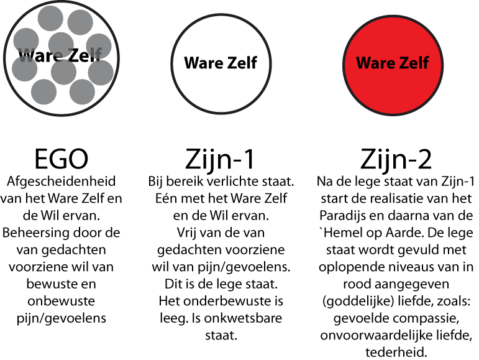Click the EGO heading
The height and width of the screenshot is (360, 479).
pos(61,159)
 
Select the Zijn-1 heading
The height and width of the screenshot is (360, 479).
pos(220,159)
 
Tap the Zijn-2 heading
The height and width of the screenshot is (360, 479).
pos(396,159)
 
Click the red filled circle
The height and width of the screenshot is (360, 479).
pos(393,65)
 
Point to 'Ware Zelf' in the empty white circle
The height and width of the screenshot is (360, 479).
pos(221,63)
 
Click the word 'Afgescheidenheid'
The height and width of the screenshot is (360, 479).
pos(61,182)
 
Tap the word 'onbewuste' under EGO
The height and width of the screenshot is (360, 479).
pos(61,301)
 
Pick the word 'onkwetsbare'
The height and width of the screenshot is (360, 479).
pos(243,318)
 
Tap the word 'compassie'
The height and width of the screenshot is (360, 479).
pos(427,319)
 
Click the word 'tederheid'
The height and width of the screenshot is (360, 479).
pos(396,353)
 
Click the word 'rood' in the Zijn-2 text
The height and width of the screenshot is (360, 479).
pos(357,284)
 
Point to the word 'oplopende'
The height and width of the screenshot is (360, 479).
pos(350,267)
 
